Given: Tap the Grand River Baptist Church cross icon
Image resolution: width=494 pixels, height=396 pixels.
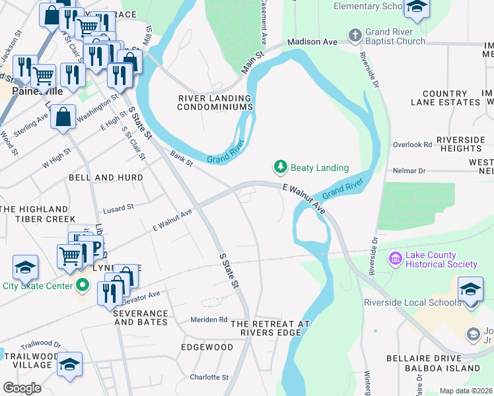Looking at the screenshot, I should tap(355, 34).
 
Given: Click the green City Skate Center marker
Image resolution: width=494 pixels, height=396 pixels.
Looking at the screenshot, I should tap(82, 286).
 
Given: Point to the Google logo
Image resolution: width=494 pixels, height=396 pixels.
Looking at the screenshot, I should tap(22, 387).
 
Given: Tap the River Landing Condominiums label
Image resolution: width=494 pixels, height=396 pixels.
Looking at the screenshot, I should tap(216, 102).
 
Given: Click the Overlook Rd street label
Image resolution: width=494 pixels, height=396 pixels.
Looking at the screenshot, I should tap(411, 144).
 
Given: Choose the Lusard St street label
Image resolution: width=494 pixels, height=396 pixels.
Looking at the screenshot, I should tap(118, 207).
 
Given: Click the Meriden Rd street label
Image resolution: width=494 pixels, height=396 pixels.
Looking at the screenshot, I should tap(209, 319).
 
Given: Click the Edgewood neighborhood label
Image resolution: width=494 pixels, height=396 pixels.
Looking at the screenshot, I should tap(207, 347).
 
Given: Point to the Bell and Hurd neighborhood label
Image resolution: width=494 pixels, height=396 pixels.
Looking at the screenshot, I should tap(101, 178).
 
